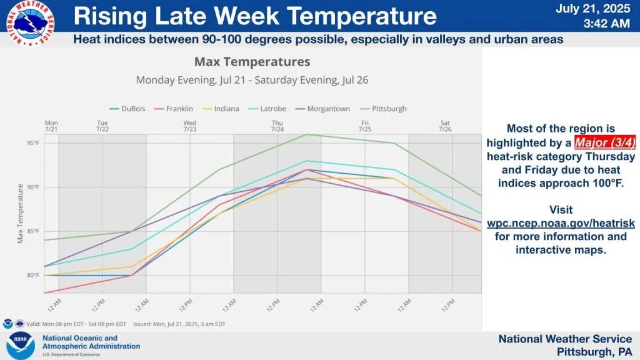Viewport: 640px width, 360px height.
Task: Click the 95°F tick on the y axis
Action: pos(33,143)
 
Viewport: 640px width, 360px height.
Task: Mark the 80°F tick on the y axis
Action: pos(33,275)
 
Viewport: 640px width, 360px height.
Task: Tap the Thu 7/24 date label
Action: pos(277,126)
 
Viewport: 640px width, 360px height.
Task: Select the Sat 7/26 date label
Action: pos(444,126)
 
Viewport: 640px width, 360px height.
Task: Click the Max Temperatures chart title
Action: pos(252,62)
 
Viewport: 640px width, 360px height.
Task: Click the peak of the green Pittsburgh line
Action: pos(306,134)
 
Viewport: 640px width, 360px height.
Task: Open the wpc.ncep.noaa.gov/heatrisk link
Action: pos(561,223)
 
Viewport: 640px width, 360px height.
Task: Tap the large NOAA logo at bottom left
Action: pos(21,346)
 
